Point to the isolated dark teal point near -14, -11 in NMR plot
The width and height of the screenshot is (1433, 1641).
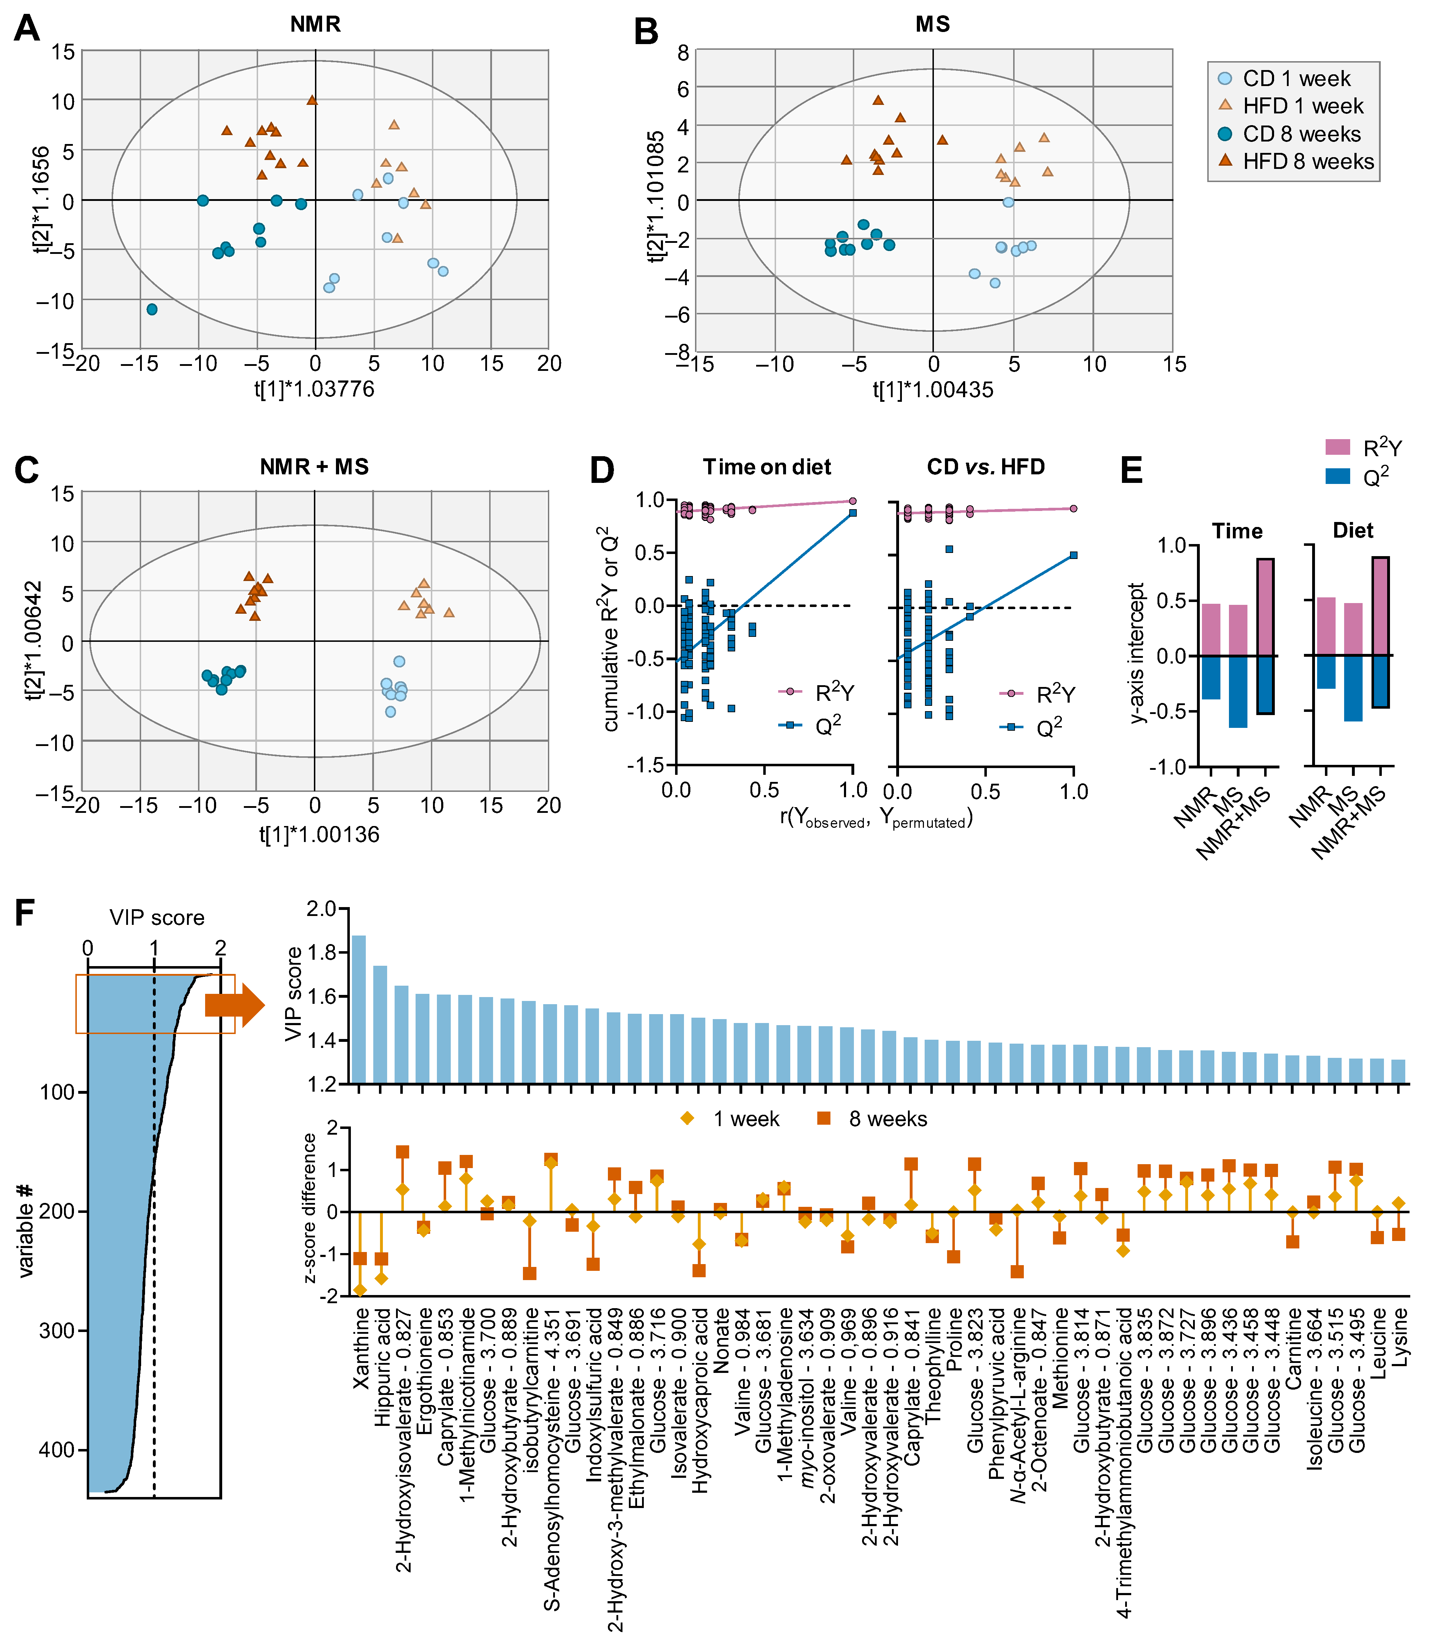[x=152, y=309]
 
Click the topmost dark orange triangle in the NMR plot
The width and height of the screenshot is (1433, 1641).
[x=312, y=100]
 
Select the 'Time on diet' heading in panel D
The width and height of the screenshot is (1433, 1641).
[x=767, y=467]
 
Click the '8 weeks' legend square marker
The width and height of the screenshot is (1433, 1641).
[x=824, y=1119]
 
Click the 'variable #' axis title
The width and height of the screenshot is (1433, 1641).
[x=26, y=1230]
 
